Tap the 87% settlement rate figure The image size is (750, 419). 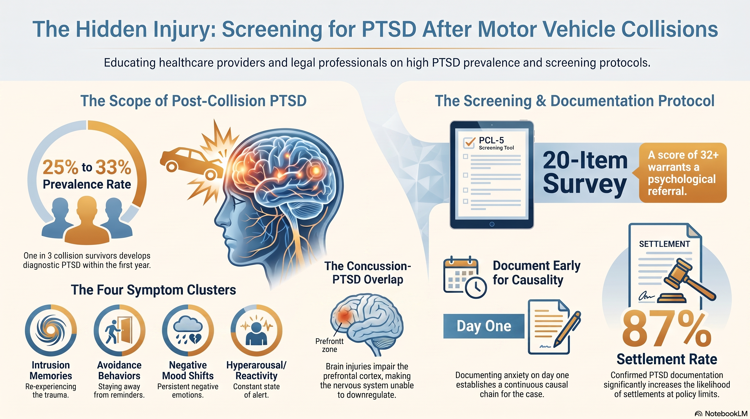666,328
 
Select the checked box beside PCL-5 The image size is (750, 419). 469,142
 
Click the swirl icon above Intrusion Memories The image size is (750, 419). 51,330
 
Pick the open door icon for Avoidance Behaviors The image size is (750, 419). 119,330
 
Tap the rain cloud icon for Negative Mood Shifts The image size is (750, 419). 188,330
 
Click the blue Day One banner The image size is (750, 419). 483,326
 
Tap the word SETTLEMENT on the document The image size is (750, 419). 664,244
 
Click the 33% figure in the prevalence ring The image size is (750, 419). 113,167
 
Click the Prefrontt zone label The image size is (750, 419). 329,345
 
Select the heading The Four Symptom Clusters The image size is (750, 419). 153,290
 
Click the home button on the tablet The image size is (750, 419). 492,224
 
